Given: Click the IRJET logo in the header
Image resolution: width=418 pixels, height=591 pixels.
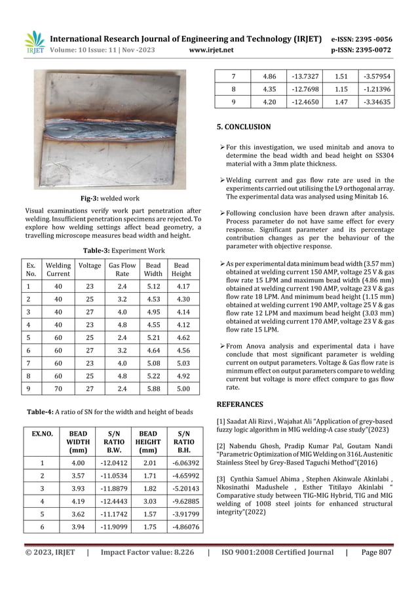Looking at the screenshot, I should coord(35,43).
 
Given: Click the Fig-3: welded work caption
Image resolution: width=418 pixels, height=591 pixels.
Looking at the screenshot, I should coord(111,197).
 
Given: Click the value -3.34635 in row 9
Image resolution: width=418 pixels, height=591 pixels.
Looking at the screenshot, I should coord(378,102).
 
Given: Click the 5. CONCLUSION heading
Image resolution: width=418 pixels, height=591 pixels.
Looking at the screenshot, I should coord(243,126).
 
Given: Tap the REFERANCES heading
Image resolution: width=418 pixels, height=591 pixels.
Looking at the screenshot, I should coord(240,404).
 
